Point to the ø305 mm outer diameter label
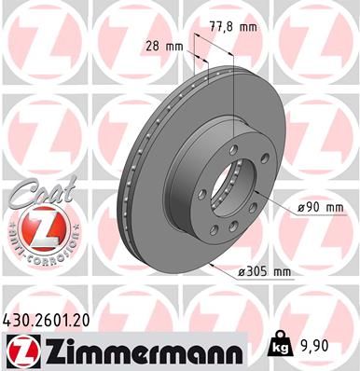tap(266, 272)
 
